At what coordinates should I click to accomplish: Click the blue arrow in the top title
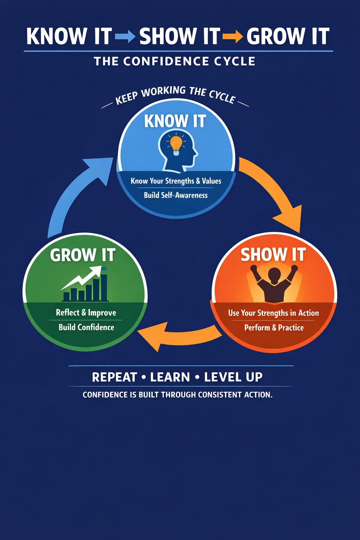coord(125,36)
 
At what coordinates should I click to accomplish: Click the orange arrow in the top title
coord(233,36)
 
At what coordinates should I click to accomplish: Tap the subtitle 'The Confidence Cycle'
coord(174,62)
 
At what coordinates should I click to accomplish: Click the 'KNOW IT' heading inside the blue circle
coord(175,121)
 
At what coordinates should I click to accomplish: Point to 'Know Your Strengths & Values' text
coord(176,181)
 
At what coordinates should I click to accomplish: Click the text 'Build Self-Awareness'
coord(176,195)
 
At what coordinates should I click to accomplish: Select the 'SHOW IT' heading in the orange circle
coord(273,255)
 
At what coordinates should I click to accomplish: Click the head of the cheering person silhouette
coord(274,274)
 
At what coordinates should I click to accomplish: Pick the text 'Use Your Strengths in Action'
coord(274,313)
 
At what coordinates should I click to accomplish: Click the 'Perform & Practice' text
coord(274,328)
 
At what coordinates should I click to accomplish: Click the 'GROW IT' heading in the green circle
coord(83,255)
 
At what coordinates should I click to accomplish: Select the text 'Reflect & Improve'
coord(86,313)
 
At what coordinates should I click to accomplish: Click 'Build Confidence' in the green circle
coord(86,327)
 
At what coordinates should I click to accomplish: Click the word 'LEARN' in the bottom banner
coord(170,377)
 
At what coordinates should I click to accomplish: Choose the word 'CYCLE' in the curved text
coord(222,96)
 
